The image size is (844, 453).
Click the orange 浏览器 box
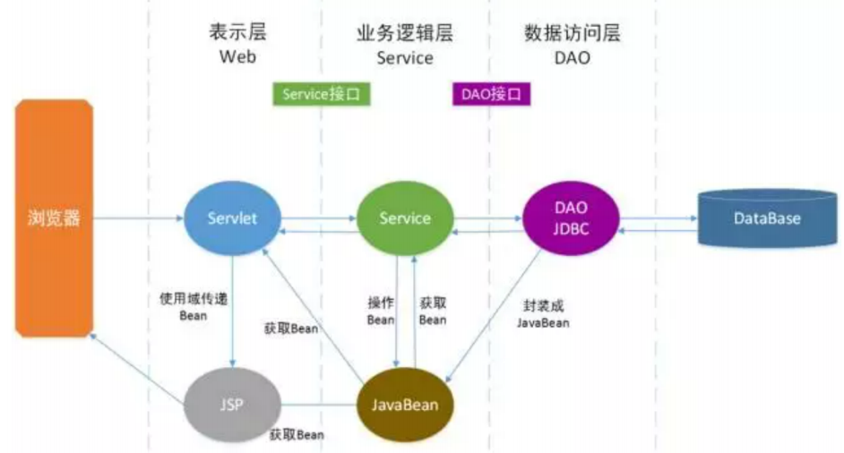coord(53,218)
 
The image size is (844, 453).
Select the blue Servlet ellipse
coord(232,218)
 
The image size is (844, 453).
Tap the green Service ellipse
coord(404,218)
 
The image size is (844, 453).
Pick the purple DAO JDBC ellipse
coord(570,218)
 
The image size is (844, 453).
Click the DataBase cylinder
coord(766,218)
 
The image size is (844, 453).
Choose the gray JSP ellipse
coord(231,404)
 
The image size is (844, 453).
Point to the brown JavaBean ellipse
coord(405,404)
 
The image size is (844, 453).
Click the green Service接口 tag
coord(321,94)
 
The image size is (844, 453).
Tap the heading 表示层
coord(237,34)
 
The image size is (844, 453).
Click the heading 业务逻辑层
coord(404,34)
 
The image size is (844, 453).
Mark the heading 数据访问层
coord(572,34)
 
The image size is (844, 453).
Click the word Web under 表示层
coord(237,58)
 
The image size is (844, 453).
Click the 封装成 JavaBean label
coord(543,313)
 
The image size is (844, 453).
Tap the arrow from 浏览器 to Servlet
coord(138,218)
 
